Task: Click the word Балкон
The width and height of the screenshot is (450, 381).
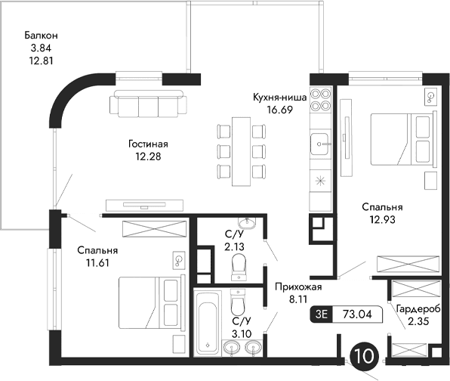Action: click(x=41, y=36)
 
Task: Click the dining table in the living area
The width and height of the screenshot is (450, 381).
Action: click(x=241, y=149)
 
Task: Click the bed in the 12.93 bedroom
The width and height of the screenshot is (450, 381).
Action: click(x=401, y=139)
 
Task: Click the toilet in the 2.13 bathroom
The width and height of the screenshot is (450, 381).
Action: click(x=239, y=267)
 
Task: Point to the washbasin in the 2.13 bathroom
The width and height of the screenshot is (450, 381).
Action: click(x=245, y=222)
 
